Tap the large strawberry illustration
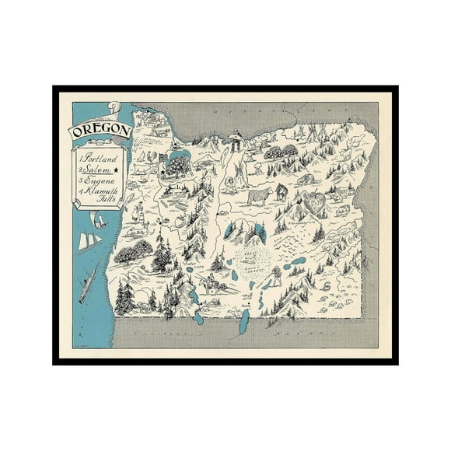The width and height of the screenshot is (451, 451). [316, 204]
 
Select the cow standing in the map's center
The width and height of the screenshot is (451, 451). [259, 194]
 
